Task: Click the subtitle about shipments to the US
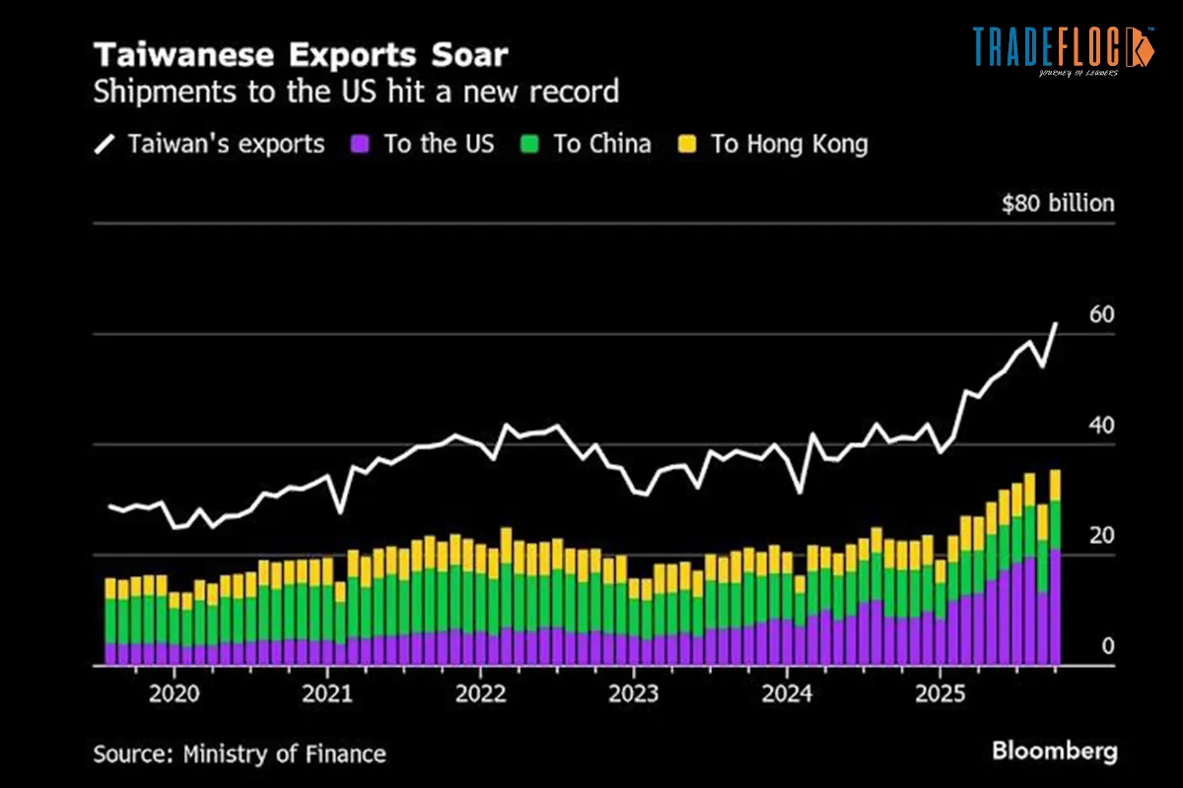tap(356, 92)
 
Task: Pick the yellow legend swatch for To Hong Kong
tap(687, 144)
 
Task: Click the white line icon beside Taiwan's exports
tap(104, 144)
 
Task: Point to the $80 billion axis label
tap(1057, 204)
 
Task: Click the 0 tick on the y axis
tap(1107, 646)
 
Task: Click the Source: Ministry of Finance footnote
tap(240, 755)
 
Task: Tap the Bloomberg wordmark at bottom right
tap(1055, 752)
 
